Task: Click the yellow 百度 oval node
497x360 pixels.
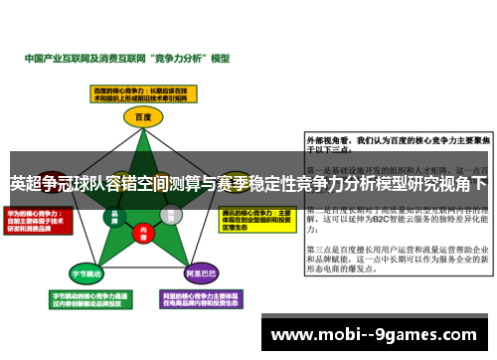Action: pos(142,116)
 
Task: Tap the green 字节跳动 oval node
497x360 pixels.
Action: pos(84,272)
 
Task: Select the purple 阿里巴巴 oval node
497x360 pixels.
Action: pos(201,272)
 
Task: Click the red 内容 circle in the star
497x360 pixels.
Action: pos(143,233)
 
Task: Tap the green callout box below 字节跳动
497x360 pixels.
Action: pos(84,299)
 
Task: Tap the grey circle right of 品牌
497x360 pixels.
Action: pos(170,214)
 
